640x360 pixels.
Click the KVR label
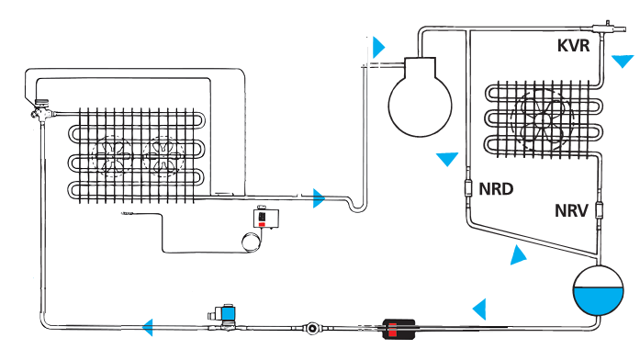pos(574,45)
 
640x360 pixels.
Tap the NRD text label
pos(496,189)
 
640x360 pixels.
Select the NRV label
pos(571,210)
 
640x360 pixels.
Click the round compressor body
pos(420,106)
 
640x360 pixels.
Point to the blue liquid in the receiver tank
pos(599,300)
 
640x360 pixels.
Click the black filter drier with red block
pos(399,329)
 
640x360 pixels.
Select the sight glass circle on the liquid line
pos(312,328)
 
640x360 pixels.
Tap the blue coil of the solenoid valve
pos(227,314)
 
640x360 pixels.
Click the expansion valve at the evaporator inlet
pos(41,110)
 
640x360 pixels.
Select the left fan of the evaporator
pos(114,156)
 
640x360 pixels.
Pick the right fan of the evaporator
pos(163,157)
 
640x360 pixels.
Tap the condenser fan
pos(542,120)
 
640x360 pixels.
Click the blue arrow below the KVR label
pos(623,62)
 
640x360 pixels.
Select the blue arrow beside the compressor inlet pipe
pos(378,48)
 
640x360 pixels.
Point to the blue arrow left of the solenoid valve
pos(148,327)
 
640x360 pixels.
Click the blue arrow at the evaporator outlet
pos(319,198)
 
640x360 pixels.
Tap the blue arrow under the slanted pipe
pos(518,255)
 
